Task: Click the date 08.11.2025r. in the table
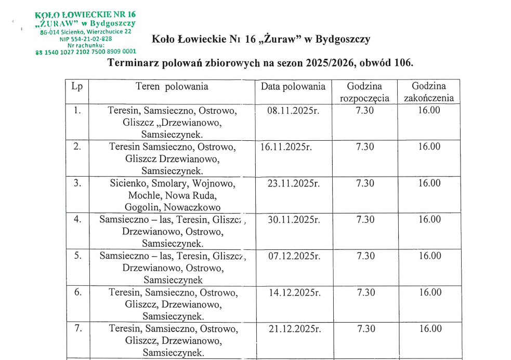click(293, 110)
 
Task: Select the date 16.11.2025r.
click(286, 146)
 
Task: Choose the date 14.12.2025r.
click(293, 292)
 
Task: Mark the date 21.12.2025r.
click(293, 328)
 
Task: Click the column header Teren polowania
click(172, 87)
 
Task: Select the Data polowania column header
click(293, 87)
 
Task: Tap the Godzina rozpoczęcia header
click(364, 92)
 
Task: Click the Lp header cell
click(77, 87)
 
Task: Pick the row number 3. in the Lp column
click(77, 183)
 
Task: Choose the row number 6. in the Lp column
click(77, 292)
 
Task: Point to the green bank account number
click(86, 51)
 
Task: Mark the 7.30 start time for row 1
click(364, 110)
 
